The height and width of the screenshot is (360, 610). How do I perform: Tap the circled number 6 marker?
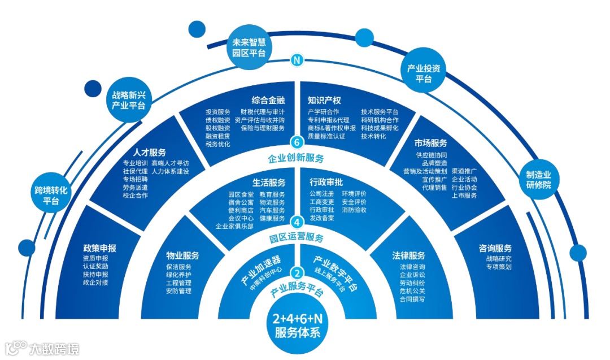point(297,142)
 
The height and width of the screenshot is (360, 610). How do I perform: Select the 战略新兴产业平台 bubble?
point(129,101)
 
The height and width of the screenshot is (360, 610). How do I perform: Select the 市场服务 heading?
point(430,143)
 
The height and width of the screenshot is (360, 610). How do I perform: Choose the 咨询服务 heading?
point(495,248)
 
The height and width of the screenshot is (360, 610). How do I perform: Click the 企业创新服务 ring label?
point(297,158)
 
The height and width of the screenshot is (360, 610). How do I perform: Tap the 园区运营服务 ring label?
point(297,237)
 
